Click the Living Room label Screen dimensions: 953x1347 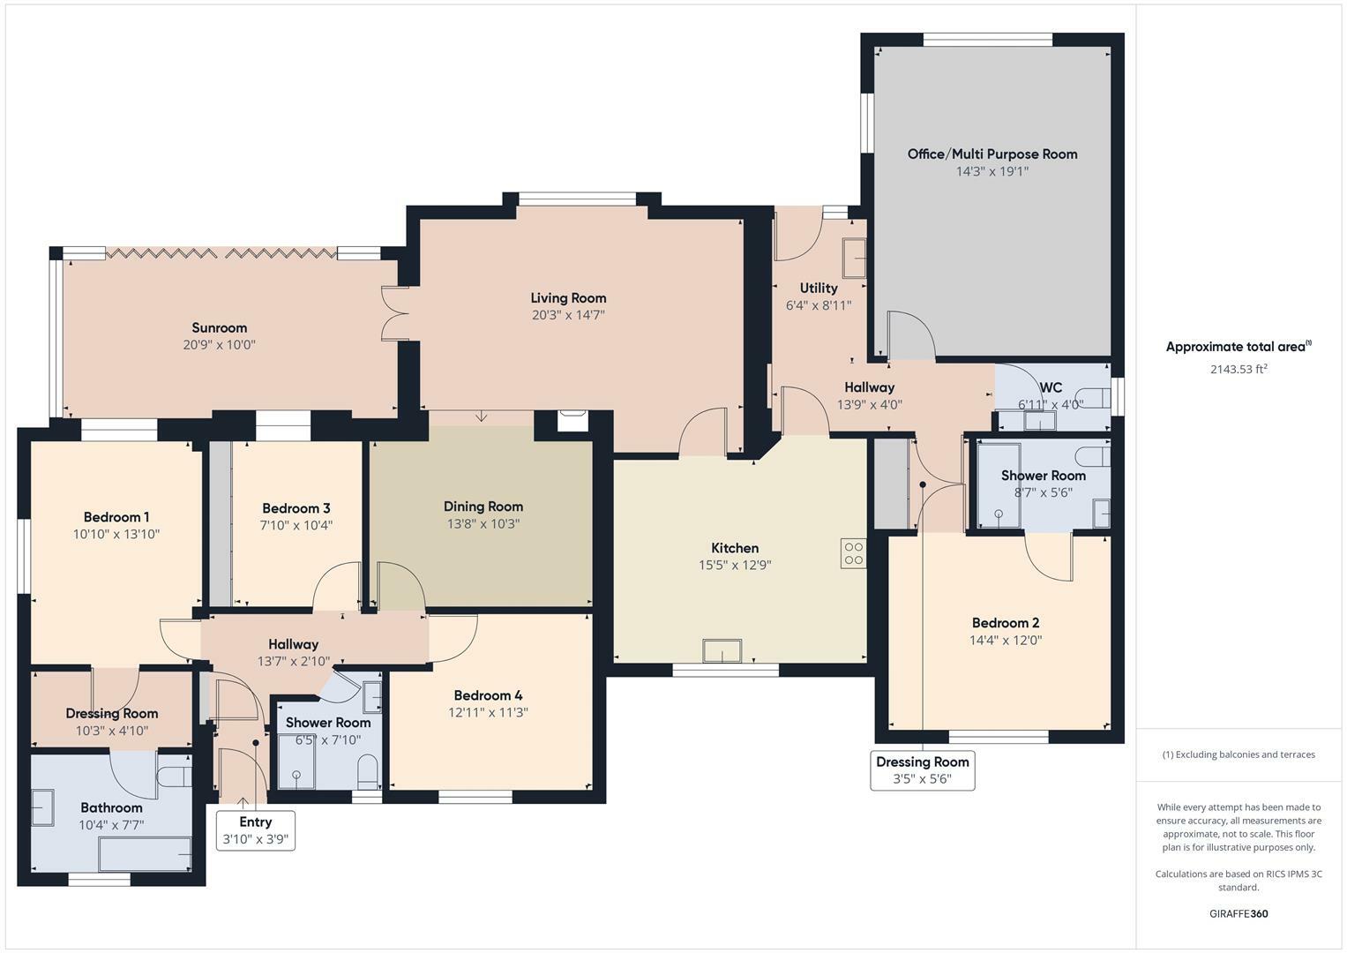[x=568, y=298]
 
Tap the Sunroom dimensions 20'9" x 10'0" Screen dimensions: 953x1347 [x=219, y=345]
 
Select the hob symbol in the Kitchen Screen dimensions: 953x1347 [x=853, y=553]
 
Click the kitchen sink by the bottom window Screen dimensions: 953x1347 [x=722, y=651]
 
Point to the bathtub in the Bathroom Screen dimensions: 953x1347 [x=145, y=853]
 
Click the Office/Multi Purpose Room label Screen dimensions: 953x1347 [x=992, y=154]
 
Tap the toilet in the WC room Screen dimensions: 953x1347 [x=1094, y=396]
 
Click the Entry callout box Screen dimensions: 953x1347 [x=256, y=830]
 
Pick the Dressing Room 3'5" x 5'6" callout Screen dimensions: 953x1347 [x=922, y=769]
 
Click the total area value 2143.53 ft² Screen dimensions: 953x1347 [x=1238, y=370]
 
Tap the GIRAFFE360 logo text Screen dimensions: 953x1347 [x=1238, y=913]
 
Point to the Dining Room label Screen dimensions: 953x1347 [x=483, y=507]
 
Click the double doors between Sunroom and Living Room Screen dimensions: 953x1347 [x=393, y=313]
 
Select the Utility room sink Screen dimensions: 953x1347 [x=853, y=258]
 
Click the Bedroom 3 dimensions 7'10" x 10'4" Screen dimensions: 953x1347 [x=296, y=525]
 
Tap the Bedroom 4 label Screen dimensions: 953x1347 [x=488, y=695]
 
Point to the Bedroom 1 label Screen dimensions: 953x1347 [x=116, y=517]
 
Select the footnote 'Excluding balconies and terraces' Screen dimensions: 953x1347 [x=1238, y=754]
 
